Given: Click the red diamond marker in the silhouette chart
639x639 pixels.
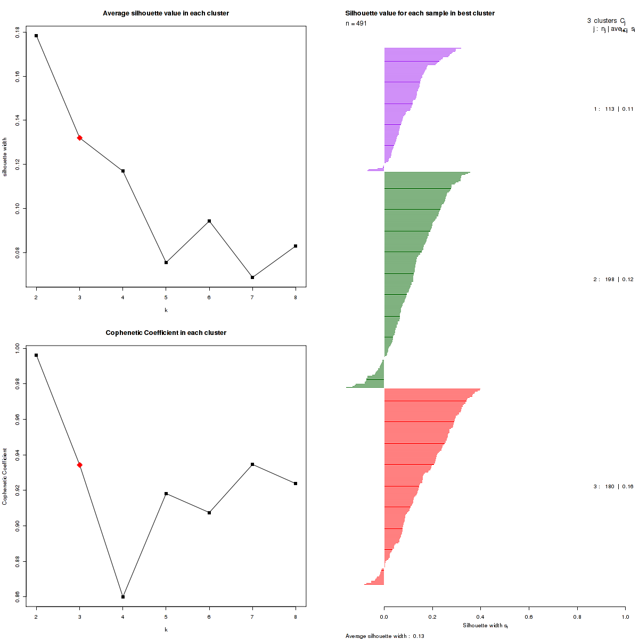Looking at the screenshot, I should pos(79,138).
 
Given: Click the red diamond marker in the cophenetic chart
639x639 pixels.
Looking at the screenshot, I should pos(79,465).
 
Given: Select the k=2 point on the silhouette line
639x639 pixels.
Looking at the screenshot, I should pos(36,36).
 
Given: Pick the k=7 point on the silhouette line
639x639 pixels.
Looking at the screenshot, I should pos(252,277).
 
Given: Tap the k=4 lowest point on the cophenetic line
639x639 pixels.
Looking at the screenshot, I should pos(123,597).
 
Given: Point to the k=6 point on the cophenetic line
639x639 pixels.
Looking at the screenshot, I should pos(209,513).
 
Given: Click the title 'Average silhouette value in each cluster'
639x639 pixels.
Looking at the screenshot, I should pos(166,13).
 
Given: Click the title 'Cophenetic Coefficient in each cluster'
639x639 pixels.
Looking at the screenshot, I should pos(166,333).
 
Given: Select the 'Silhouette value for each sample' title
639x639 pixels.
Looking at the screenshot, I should pos(420,13).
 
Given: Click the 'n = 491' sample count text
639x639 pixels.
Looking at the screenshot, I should pos(356,23).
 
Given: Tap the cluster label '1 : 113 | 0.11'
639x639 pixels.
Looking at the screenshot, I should pos(613,109).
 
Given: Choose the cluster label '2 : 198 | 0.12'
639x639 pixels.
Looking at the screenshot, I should pos(613,280).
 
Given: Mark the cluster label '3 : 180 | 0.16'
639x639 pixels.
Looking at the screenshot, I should pos(613,487).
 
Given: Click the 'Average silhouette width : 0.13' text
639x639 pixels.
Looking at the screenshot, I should pos(384,636).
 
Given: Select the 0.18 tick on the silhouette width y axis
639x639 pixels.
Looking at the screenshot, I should pos(18,32).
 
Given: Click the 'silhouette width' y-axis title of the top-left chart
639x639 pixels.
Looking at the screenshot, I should pos(5,157).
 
